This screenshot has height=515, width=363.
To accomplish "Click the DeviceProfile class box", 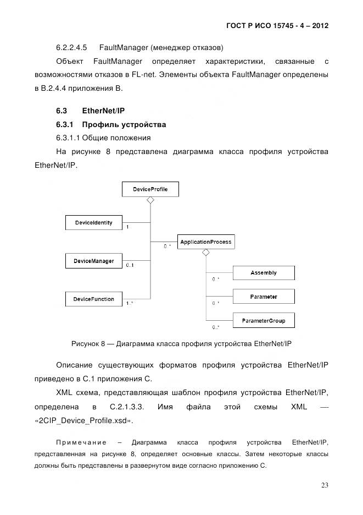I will (150, 190).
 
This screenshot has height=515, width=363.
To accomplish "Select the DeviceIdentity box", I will (93, 223).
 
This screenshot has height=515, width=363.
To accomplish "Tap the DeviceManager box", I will (93, 261).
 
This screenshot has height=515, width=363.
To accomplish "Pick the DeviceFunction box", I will (93, 299).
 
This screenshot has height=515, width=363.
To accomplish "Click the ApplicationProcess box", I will (206, 242).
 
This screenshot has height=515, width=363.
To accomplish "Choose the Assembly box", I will (264, 273).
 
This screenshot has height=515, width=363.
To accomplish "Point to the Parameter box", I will (264, 297).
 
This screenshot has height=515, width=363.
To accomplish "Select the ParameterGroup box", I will (264, 321).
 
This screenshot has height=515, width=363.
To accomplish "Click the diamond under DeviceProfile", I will (150, 201).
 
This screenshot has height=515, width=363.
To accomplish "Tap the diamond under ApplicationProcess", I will (206, 253).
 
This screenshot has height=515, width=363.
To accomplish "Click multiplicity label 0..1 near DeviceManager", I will (130, 266).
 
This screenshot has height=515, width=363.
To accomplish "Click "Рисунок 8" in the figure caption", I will (88, 344).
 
